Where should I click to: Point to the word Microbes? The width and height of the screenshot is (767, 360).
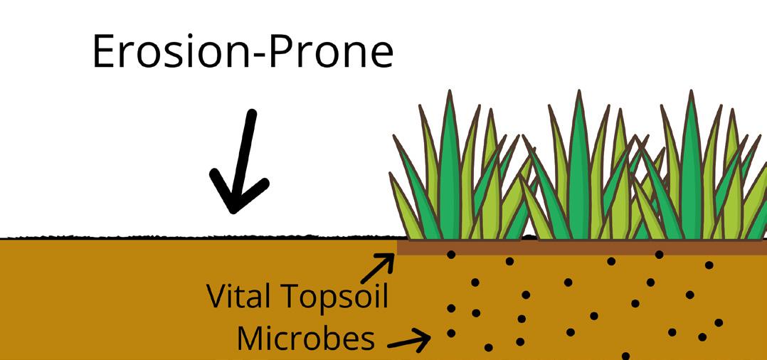pos(306,339)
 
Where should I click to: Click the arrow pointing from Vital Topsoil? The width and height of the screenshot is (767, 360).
pos(377,270)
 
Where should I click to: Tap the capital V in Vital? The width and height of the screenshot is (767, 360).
pos(216,296)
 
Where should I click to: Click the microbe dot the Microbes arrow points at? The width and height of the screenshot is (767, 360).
pos(450,333)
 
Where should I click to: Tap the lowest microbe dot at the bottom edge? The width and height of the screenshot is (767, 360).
pos(625,355)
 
